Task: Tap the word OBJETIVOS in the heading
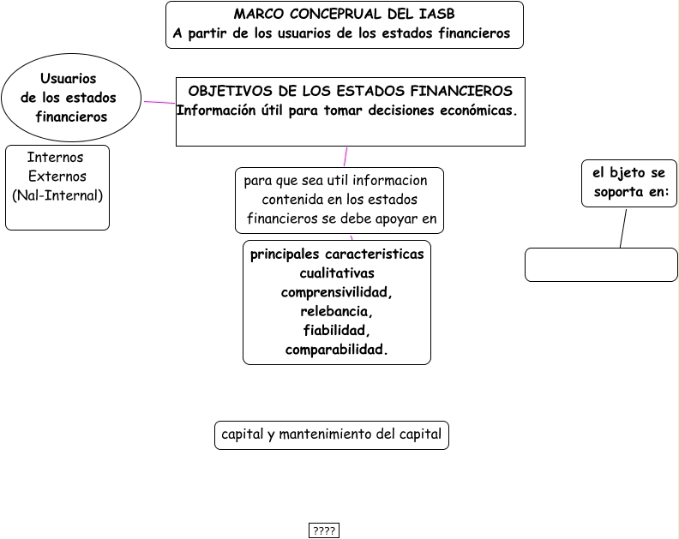pyautogui.click(x=225, y=91)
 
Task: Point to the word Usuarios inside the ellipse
pyautogui.click(x=69, y=79)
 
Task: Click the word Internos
pyautogui.click(x=56, y=158)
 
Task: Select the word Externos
pyautogui.click(x=57, y=177)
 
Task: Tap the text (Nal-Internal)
pyautogui.click(x=57, y=195)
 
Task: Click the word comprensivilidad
pyautogui.click(x=337, y=292)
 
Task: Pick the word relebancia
pyautogui.click(x=337, y=311)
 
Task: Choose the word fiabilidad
pyautogui.click(x=337, y=330)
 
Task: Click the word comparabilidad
pyautogui.click(x=337, y=350)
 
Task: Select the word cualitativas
pyautogui.click(x=337, y=273)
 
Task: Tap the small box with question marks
pyautogui.click(x=324, y=531)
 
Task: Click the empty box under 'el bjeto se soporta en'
pyautogui.click(x=601, y=265)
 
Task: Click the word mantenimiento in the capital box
pyautogui.click(x=331, y=434)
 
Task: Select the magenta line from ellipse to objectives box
pyautogui.click(x=159, y=103)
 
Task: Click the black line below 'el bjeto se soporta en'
pyautogui.click(x=623, y=228)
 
